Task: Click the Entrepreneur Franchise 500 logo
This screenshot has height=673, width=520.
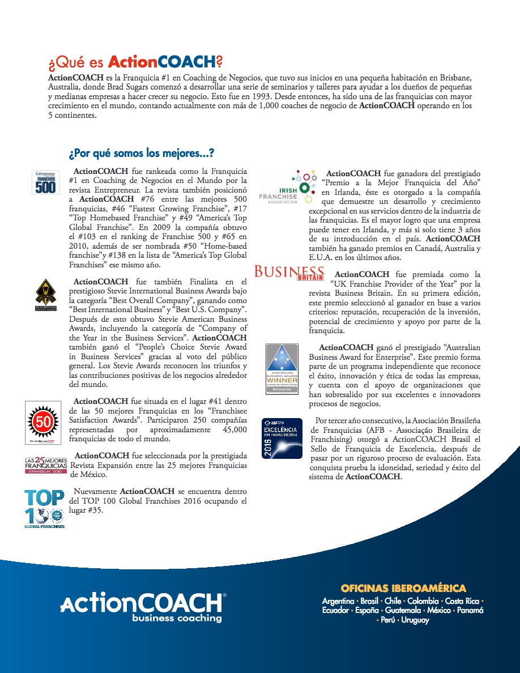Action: [x=45, y=181]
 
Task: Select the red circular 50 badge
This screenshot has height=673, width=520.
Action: [x=44, y=421]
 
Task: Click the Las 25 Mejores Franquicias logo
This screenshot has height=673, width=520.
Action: [x=45, y=465]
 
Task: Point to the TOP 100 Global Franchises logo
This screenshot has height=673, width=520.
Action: [x=44, y=509]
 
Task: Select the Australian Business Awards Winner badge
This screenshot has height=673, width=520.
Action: [x=282, y=369]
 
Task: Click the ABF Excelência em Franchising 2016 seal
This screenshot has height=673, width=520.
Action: [x=282, y=438]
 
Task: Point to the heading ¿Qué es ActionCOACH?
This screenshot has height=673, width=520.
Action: [x=135, y=62]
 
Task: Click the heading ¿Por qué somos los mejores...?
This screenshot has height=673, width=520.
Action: [x=141, y=154]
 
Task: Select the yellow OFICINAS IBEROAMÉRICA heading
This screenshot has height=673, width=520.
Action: [x=403, y=588]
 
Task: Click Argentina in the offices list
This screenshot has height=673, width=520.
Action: [x=338, y=600]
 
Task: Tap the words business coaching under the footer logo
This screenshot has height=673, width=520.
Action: [x=177, y=618]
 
